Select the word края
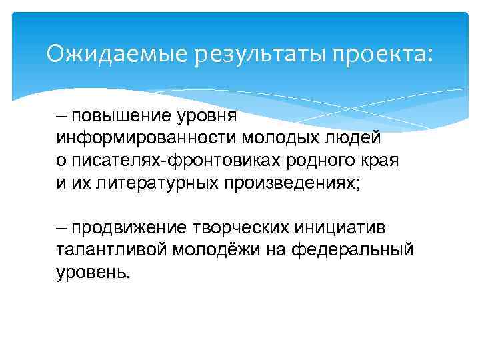click(388, 161)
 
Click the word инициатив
click(343, 229)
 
